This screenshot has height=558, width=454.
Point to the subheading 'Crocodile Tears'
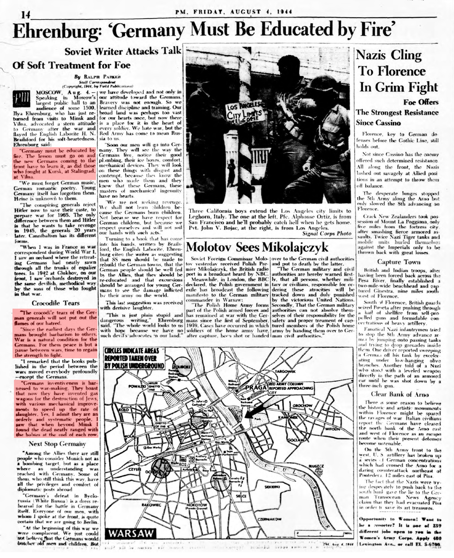[x=56, y=303]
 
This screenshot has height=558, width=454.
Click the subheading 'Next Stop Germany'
[x=57, y=444]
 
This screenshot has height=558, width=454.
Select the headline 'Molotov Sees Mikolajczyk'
[x=257, y=247]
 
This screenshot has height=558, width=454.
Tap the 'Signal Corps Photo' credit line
[x=327, y=233]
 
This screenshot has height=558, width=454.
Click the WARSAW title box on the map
[x=132, y=533]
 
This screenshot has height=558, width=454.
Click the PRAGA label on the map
[x=256, y=387]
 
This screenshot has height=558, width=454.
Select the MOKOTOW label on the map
[x=197, y=504]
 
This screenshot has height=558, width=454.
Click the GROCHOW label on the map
[x=302, y=405]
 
